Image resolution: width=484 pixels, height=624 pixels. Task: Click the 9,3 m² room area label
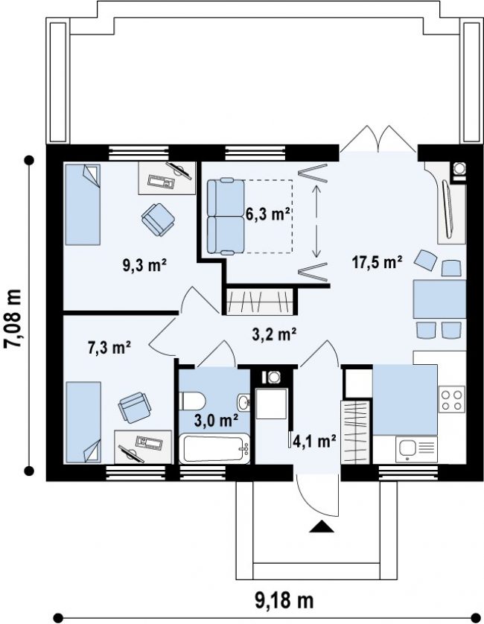click(x=144, y=265)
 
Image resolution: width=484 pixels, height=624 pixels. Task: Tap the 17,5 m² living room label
click(x=377, y=262)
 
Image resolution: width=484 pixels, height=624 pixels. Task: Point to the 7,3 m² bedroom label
click(x=109, y=348)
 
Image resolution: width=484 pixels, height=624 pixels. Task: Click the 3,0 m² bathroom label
click(x=216, y=420)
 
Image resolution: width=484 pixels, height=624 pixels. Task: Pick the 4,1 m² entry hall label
click(x=314, y=441)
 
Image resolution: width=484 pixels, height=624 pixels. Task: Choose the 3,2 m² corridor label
click(x=274, y=334)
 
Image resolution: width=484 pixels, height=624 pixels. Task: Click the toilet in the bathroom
click(x=193, y=401)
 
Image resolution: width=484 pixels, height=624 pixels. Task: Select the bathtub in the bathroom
click(x=214, y=449)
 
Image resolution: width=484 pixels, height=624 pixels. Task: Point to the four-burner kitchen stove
click(x=452, y=399)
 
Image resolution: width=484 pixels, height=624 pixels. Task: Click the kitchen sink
click(x=416, y=449)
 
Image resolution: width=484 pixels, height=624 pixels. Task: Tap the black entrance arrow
click(x=322, y=526)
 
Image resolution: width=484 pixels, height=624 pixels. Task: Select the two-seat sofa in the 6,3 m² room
click(x=226, y=216)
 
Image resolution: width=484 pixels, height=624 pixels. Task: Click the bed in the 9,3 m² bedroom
click(x=83, y=204)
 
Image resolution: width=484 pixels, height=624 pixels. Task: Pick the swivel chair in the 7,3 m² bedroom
click(x=135, y=407)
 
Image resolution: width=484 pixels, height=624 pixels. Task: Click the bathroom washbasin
click(x=243, y=402)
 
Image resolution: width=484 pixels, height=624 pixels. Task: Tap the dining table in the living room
click(x=439, y=299)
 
